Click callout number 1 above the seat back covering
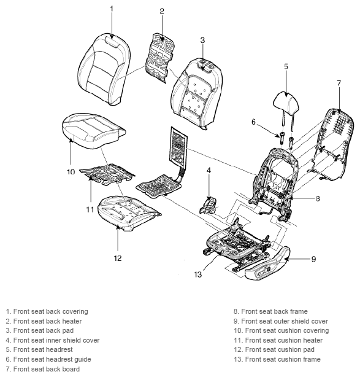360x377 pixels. (111, 9)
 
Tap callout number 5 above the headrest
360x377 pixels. (286, 66)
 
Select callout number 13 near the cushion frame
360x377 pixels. (197, 274)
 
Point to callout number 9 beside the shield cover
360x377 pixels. (313, 259)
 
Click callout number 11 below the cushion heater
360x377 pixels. (90, 209)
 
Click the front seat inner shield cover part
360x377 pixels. (208, 206)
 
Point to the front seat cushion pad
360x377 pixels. (129, 213)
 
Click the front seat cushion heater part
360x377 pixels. (107, 174)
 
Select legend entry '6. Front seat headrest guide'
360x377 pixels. (48, 359)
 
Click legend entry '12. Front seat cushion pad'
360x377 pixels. (274, 349)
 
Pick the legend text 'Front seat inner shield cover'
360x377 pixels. (56, 340)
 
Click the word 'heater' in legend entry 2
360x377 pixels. (72, 321)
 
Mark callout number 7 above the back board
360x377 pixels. (339, 83)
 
